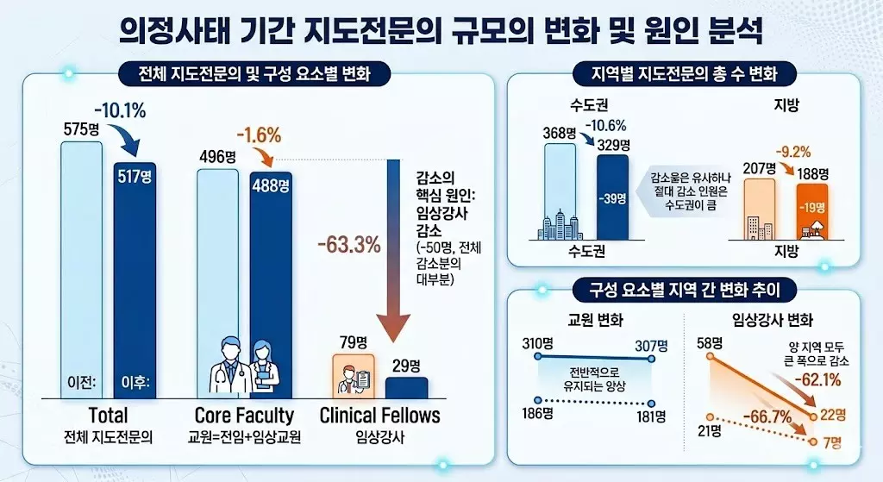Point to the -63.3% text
coord(348,244)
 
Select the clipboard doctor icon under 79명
coord(353,376)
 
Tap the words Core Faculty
coord(244,415)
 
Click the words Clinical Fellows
coord(379,415)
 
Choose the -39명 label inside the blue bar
coord(613,199)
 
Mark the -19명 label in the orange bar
coord(811,207)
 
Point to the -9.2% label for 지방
coord(796,149)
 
